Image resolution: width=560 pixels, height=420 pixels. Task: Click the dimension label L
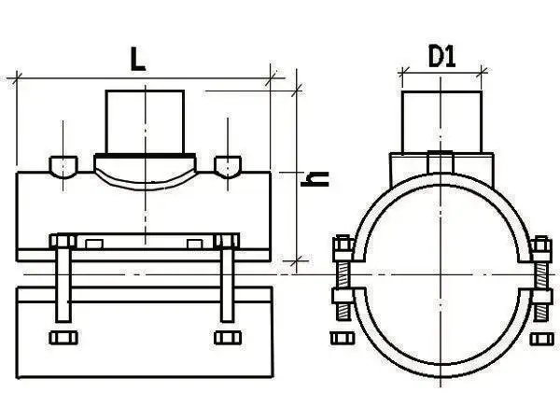coord(138,59)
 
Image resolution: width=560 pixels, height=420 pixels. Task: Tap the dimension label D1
coord(441,57)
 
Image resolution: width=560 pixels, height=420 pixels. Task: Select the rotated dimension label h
coord(315,179)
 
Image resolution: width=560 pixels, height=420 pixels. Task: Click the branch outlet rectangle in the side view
coord(145,122)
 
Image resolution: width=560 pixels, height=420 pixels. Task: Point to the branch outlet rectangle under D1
coord(442,122)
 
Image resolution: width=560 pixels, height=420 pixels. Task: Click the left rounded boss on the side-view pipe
coord(63,167)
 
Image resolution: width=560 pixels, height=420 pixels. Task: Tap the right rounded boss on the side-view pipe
coord(228,167)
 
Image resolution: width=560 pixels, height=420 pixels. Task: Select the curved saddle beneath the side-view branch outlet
coord(145,172)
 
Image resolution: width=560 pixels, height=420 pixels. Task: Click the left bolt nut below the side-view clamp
coord(63,338)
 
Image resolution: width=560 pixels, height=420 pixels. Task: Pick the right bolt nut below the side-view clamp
coord(228,338)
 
